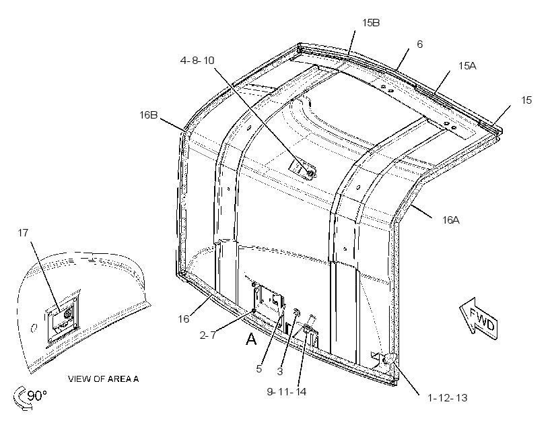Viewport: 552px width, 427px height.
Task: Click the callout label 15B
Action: (x=371, y=23)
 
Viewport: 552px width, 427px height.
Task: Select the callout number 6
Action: (x=419, y=44)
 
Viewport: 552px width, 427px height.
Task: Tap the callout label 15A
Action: (x=467, y=66)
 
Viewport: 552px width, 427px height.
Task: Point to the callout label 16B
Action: (x=149, y=115)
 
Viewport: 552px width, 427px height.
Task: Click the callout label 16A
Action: (x=451, y=220)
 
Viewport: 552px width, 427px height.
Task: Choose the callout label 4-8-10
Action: (x=197, y=61)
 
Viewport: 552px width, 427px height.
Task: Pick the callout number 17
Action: (x=23, y=233)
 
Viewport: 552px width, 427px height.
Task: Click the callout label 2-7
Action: (x=208, y=335)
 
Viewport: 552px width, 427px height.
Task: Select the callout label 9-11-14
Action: (x=287, y=391)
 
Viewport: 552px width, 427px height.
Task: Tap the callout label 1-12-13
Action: (x=448, y=398)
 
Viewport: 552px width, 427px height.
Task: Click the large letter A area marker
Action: (x=251, y=339)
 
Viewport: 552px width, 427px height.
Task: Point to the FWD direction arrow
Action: (x=479, y=319)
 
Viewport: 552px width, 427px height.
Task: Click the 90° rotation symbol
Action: (x=30, y=397)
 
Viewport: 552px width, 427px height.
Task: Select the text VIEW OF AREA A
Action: (x=103, y=379)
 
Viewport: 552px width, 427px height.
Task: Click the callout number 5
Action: (x=259, y=369)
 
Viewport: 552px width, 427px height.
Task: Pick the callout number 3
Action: (x=280, y=371)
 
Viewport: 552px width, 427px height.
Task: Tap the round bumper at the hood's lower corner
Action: (x=389, y=360)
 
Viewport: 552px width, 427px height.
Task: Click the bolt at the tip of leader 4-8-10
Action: (x=310, y=173)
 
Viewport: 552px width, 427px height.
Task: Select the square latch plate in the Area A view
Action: (x=63, y=318)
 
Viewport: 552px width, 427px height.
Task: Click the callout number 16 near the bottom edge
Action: (x=183, y=319)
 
